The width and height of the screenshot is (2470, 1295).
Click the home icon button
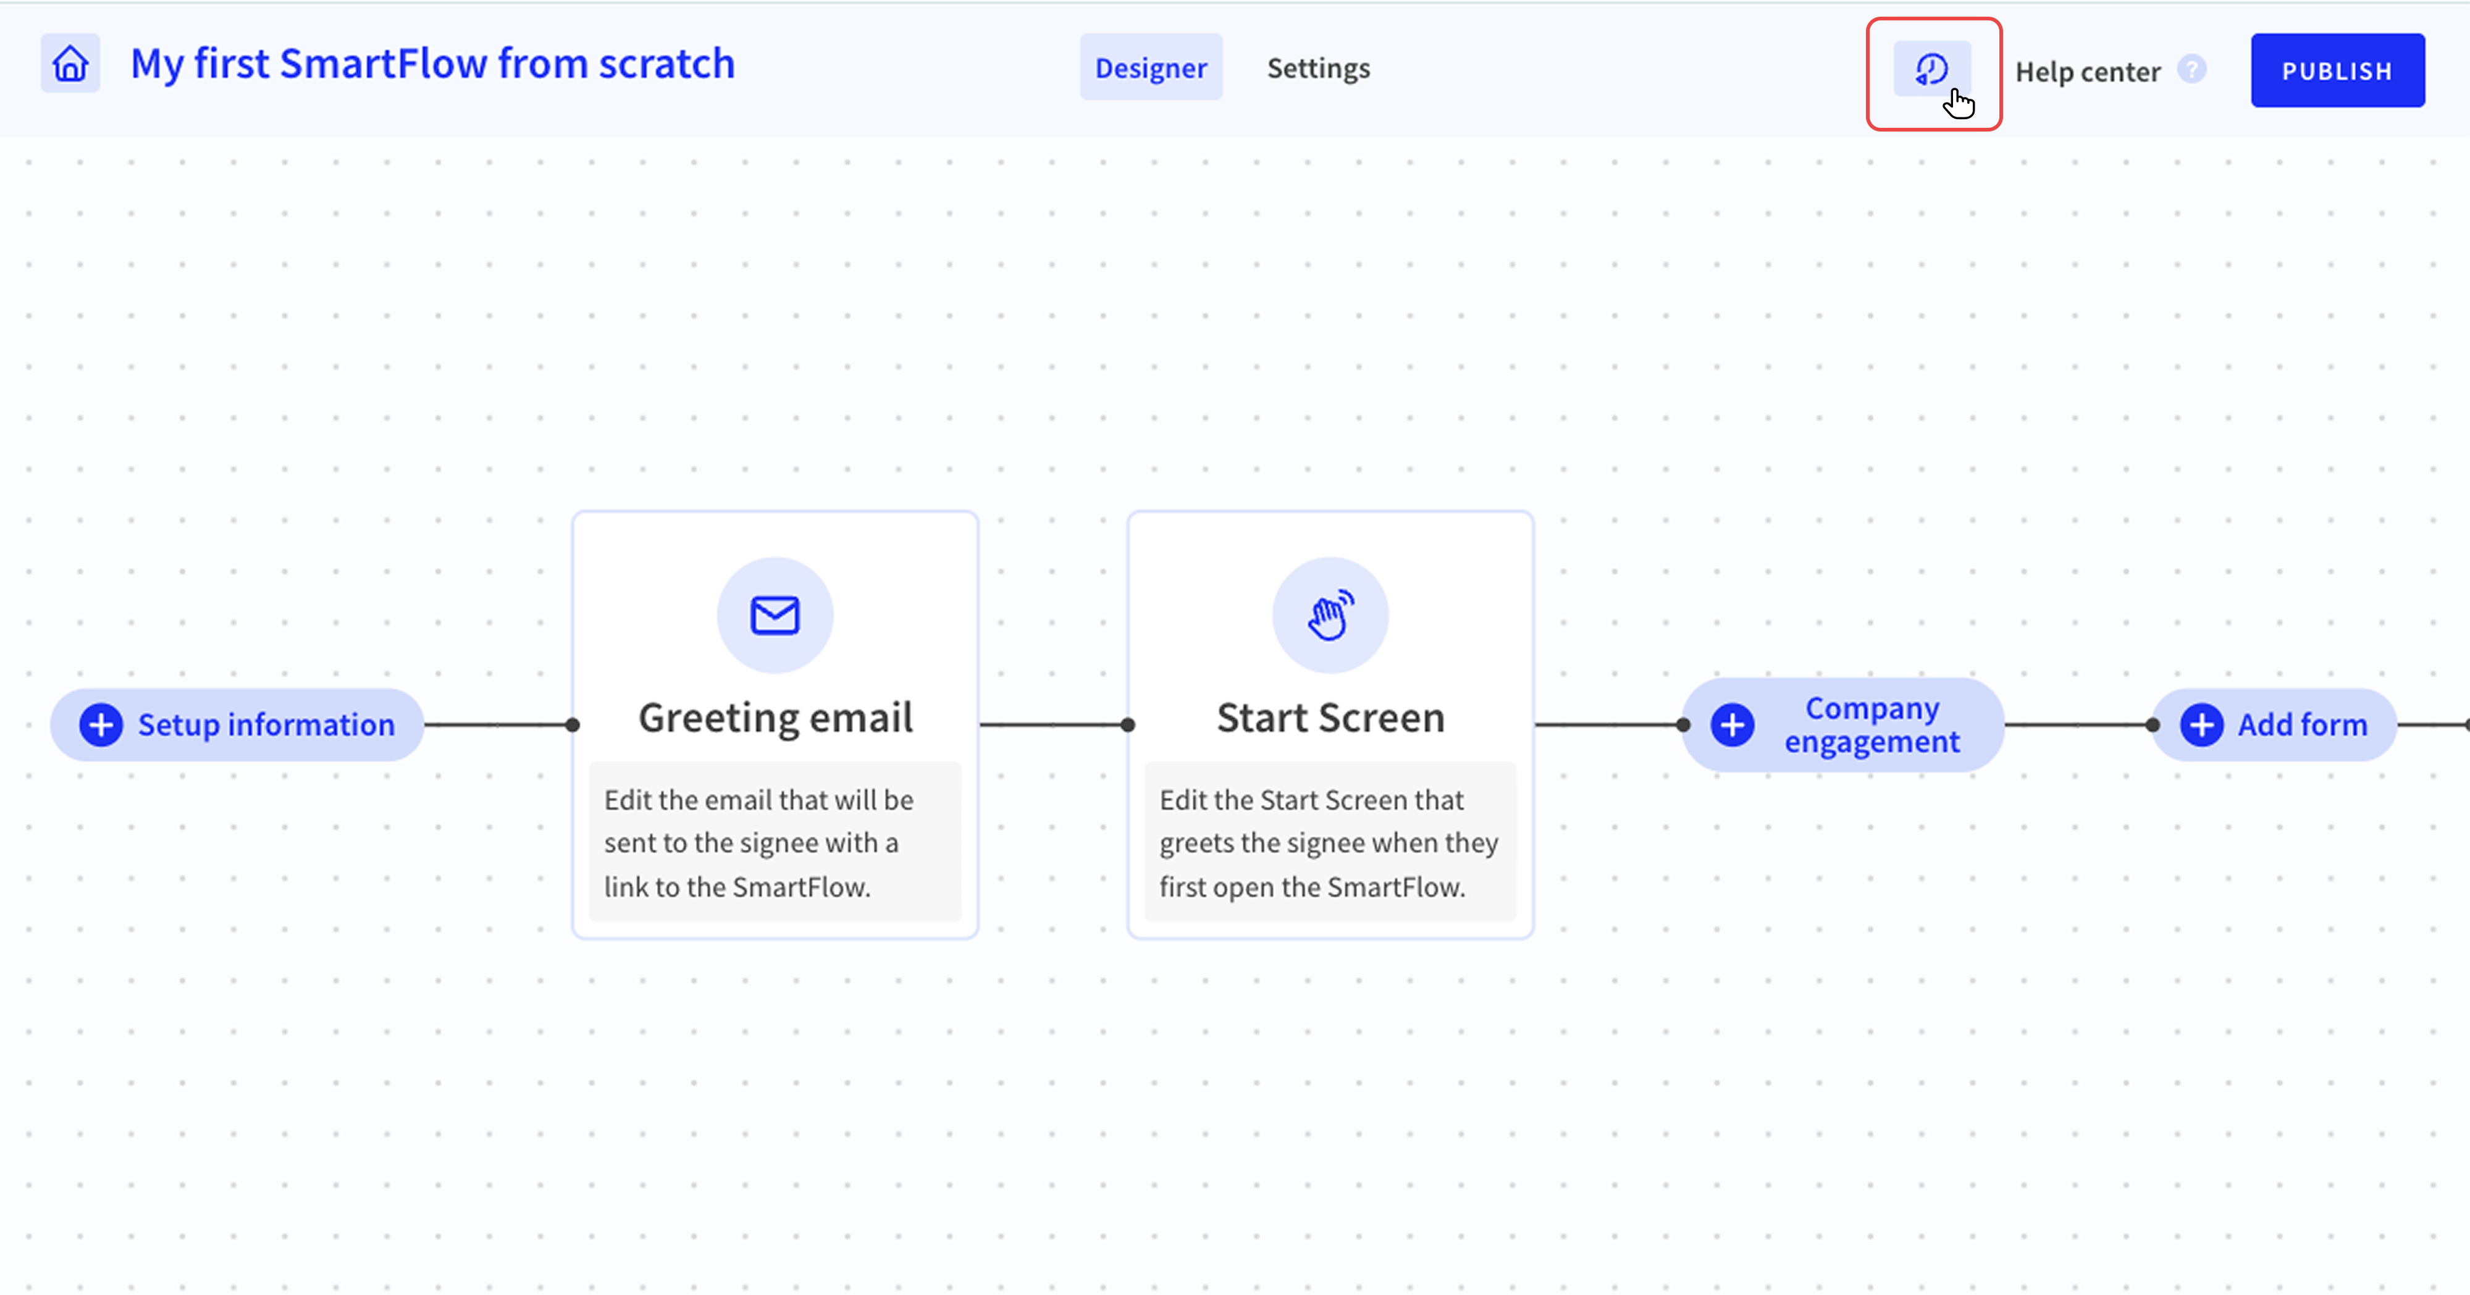(x=70, y=64)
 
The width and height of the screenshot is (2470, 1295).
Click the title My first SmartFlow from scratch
(x=432, y=64)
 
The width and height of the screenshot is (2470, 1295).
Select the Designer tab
(x=1151, y=67)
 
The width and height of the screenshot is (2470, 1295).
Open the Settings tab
(x=1319, y=68)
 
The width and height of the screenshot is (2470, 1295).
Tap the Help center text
(x=2088, y=72)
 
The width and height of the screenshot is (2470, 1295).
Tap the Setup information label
(x=267, y=724)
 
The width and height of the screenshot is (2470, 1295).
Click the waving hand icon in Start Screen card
(x=1330, y=614)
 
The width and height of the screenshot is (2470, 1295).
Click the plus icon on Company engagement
(x=1733, y=724)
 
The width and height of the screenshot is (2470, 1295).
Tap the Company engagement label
(x=1871, y=724)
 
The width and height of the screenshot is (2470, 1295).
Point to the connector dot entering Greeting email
(x=573, y=724)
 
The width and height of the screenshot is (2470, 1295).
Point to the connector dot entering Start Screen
(x=1128, y=724)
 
